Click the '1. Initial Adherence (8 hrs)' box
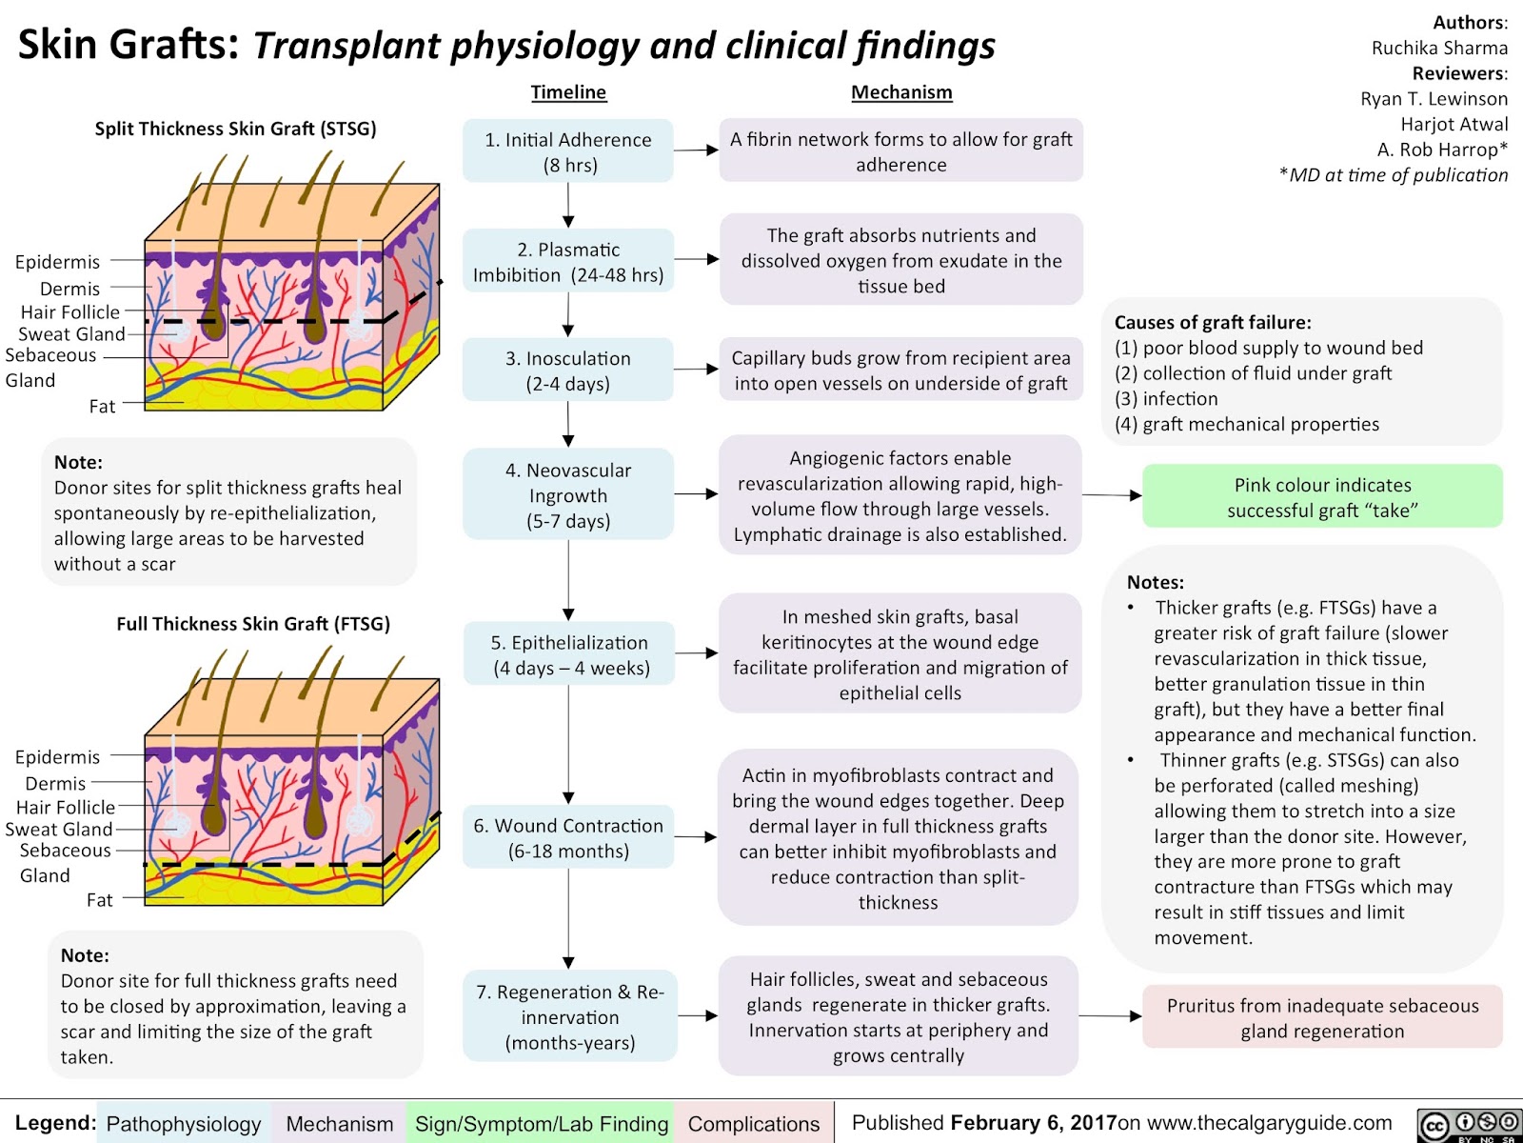[568, 151]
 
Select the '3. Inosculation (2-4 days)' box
[568, 371]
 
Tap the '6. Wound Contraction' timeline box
[568, 837]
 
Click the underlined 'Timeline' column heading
[568, 92]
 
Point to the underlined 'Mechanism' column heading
[901, 92]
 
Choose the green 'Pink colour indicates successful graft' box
[1322, 497]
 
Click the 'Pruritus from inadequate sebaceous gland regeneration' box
[1322, 1017]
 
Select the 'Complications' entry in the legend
[753, 1124]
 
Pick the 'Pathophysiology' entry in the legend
[184, 1124]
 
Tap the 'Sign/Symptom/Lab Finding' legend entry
[541, 1124]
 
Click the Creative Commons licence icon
[1469, 1124]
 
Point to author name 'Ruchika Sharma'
[1439, 48]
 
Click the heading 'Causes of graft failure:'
[1213, 322]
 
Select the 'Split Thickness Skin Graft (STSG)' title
[235, 129]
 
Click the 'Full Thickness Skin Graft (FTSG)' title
[253, 624]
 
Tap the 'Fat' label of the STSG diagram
[102, 407]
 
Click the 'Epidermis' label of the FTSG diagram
[57, 757]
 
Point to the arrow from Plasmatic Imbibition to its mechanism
[697, 259]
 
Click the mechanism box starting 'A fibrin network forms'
[900, 151]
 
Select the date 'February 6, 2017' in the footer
[1033, 1123]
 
